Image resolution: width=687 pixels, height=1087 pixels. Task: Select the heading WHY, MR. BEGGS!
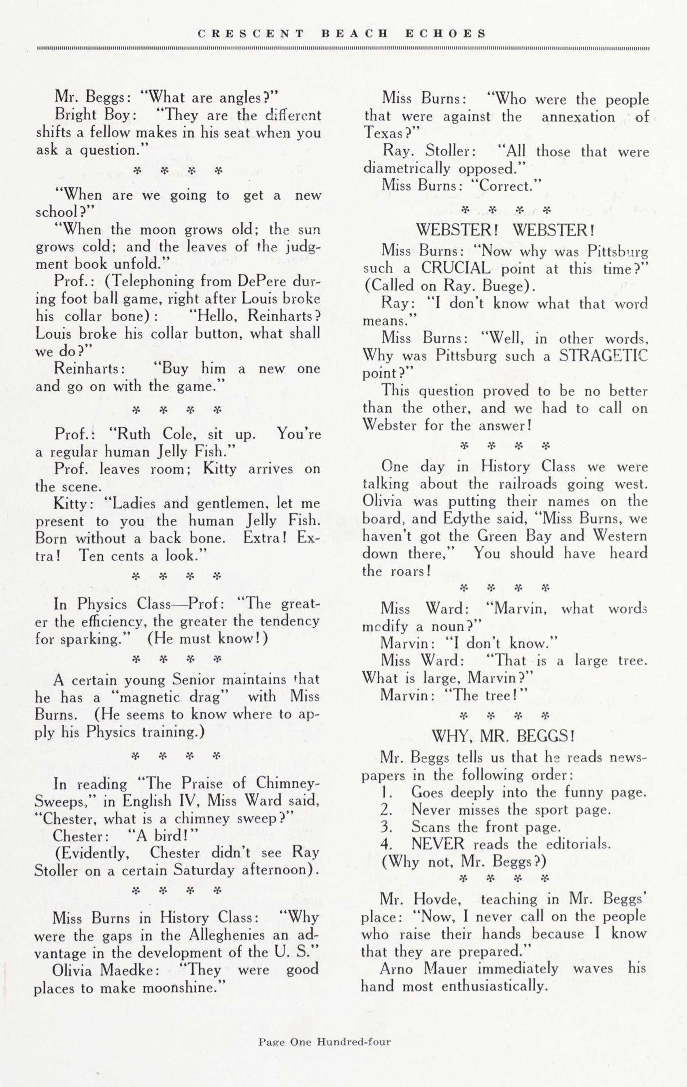coord(503,736)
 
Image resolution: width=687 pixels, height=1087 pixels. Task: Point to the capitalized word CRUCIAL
coord(455,269)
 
